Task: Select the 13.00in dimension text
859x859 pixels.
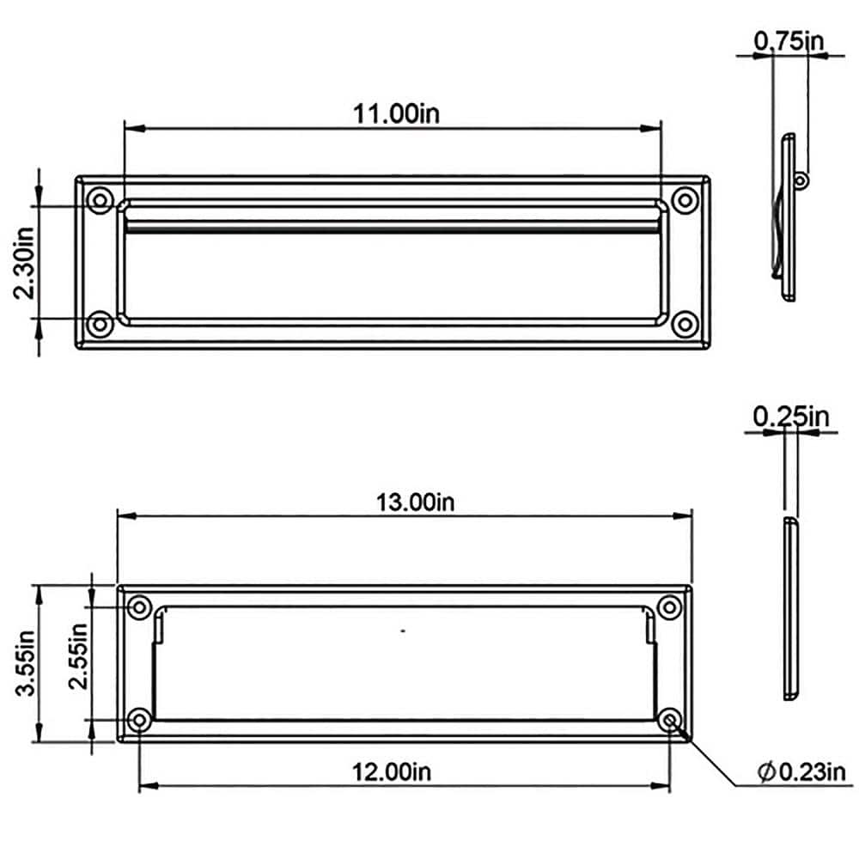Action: pyautogui.click(x=414, y=503)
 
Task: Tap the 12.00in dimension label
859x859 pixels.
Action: pyautogui.click(x=392, y=772)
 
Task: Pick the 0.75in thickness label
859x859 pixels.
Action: pyautogui.click(x=789, y=40)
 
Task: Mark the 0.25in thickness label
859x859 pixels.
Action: pyautogui.click(x=791, y=417)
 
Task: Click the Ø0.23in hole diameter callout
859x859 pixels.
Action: pyautogui.click(x=801, y=772)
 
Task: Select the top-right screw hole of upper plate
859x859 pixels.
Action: pyautogui.click(x=684, y=200)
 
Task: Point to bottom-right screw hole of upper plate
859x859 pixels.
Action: pyautogui.click(x=684, y=325)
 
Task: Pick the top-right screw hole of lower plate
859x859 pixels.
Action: pyautogui.click(x=670, y=607)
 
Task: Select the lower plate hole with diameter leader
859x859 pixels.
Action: pyautogui.click(x=670, y=719)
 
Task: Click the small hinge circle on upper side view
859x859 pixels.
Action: pyautogui.click(x=801, y=180)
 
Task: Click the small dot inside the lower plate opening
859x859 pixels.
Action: pyautogui.click(x=403, y=631)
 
